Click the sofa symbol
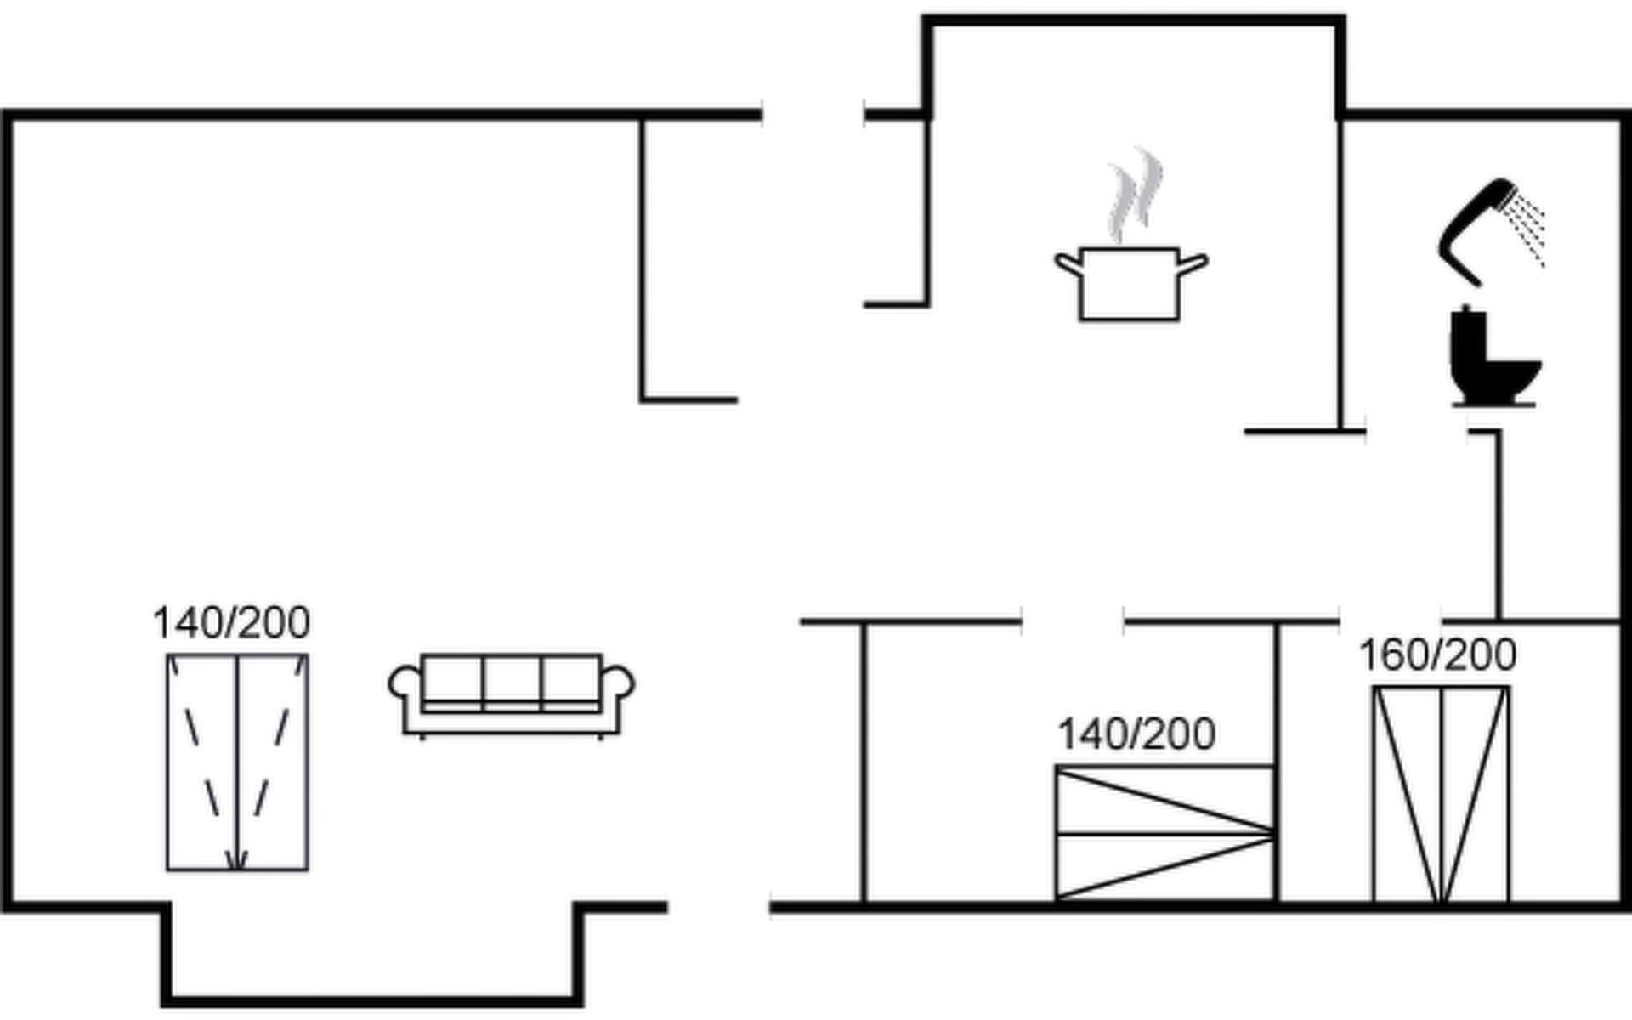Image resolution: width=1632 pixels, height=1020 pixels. [x=511, y=694]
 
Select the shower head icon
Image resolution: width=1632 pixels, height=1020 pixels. [x=1475, y=229]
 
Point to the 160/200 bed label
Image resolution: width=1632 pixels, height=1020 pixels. [x=1437, y=654]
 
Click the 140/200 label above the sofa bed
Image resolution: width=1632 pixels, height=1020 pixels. [x=231, y=623]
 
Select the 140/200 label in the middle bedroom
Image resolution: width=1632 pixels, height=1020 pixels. [x=1136, y=734]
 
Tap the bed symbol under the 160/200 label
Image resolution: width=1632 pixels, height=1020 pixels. [x=1441, y=794]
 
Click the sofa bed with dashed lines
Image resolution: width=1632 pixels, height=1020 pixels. [x=237, y=762]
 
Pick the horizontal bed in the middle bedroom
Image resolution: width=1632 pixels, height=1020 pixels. [x=1164, y=832]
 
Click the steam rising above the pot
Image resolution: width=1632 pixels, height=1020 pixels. [x=1135, y=195]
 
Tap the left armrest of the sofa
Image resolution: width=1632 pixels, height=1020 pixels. [x=405, y=685]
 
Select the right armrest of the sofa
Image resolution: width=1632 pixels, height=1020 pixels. [x=618, y=685]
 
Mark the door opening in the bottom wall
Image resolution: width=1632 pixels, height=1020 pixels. [x=719, y=907]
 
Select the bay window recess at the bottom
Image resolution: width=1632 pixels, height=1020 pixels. [x=372, y=956]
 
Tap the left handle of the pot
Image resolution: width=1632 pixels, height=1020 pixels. [x=1068, y=263]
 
